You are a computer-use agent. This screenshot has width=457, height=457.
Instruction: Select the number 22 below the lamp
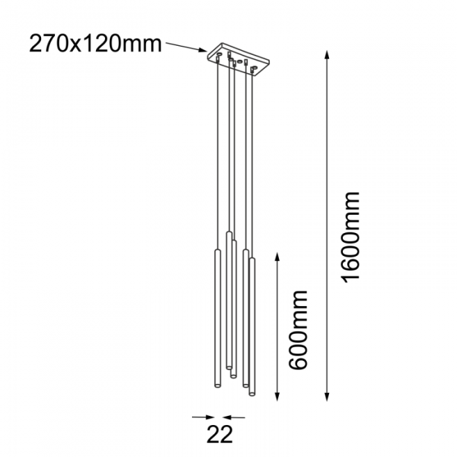click(x=219, y=432)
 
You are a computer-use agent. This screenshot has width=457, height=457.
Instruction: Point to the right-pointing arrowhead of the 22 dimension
click(x=210, y=416)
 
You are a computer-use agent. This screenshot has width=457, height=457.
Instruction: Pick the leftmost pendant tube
click(x=213, y=320)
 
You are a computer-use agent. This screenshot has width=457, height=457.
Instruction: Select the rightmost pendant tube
click(x=252, y=326)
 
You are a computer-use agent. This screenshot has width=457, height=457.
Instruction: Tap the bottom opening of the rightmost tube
click(x=252, y=393)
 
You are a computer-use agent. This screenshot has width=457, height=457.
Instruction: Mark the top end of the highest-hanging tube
click(x=228, y=234)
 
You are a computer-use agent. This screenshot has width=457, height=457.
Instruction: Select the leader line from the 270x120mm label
click(x=183, y=45)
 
